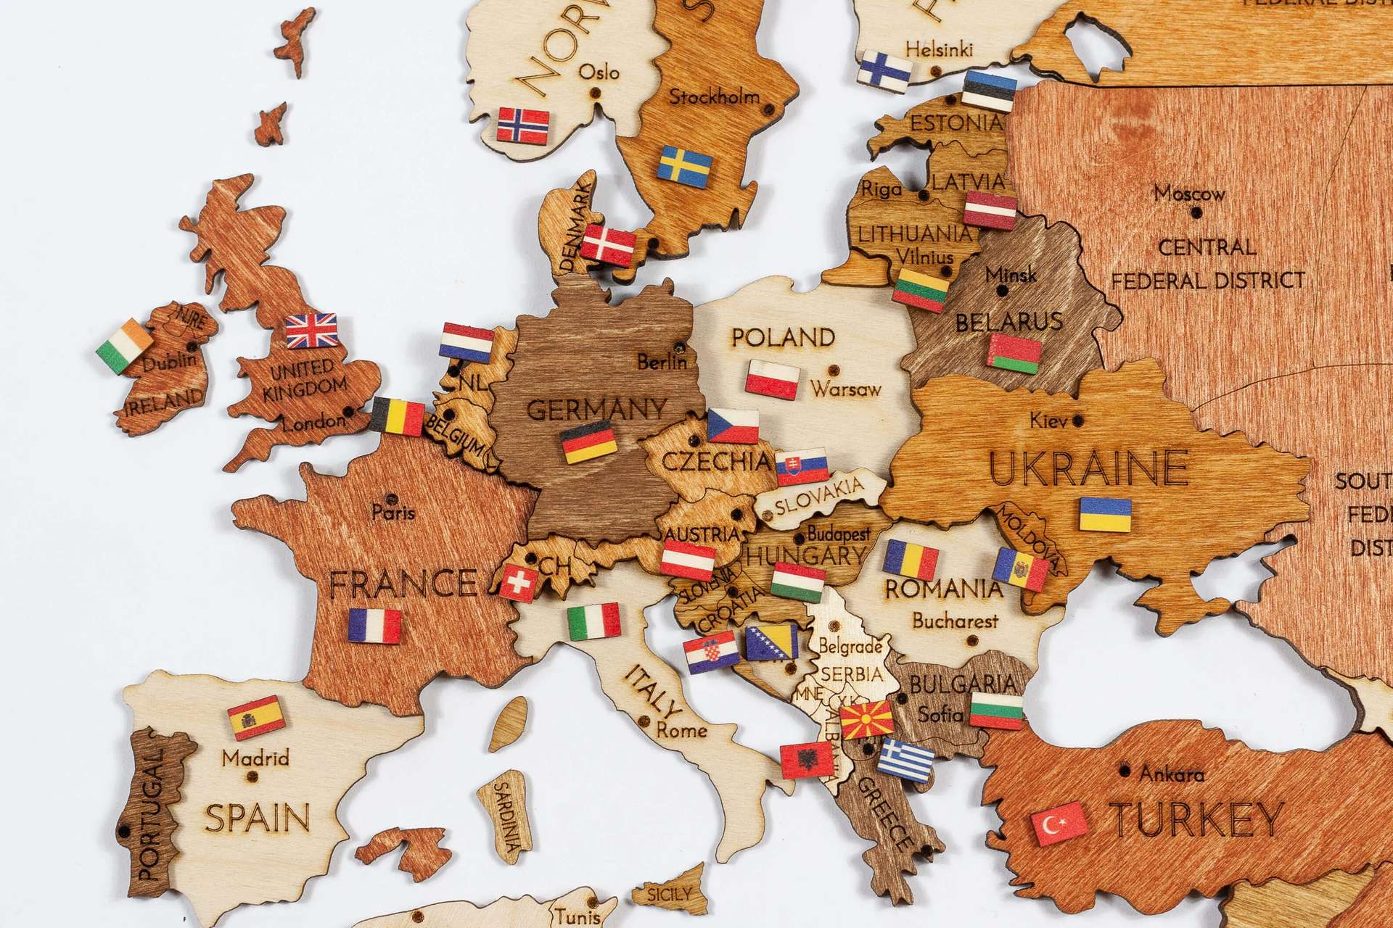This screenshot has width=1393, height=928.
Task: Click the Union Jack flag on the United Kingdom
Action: tap(312, 331)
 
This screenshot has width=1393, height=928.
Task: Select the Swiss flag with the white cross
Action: tap(518, 582)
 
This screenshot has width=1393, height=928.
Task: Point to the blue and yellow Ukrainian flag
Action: tap(1105, 514)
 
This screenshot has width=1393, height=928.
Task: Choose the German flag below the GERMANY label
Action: tap(589, 444)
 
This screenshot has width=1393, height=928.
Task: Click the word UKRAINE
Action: tap(1089, 469)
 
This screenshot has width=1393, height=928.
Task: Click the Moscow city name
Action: tap(1190, 194)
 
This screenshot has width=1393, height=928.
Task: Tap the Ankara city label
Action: tap(1171, 774)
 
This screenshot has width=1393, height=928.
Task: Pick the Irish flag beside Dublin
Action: tap(124, 346)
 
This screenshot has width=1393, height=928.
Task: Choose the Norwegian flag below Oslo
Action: tap(522, 125)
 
